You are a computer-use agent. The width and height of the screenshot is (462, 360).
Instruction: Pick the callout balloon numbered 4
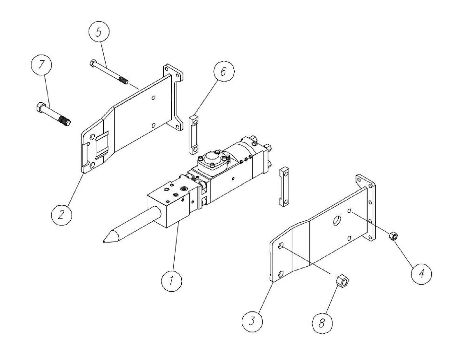(x=421, y=273)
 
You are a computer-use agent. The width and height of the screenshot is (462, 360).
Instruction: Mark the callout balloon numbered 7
(x=42, y=65)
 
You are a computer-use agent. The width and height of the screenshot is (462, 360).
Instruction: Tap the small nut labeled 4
(x=393, y=237)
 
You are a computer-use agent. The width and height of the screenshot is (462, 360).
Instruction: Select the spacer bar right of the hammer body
(x=284, y=187)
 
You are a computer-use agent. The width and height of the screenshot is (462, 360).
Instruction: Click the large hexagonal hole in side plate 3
(x=337, y=221)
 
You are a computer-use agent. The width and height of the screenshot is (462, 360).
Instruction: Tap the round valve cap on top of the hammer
(x=211, y=158)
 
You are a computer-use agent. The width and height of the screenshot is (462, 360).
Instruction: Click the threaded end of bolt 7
(x=65, y=121)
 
